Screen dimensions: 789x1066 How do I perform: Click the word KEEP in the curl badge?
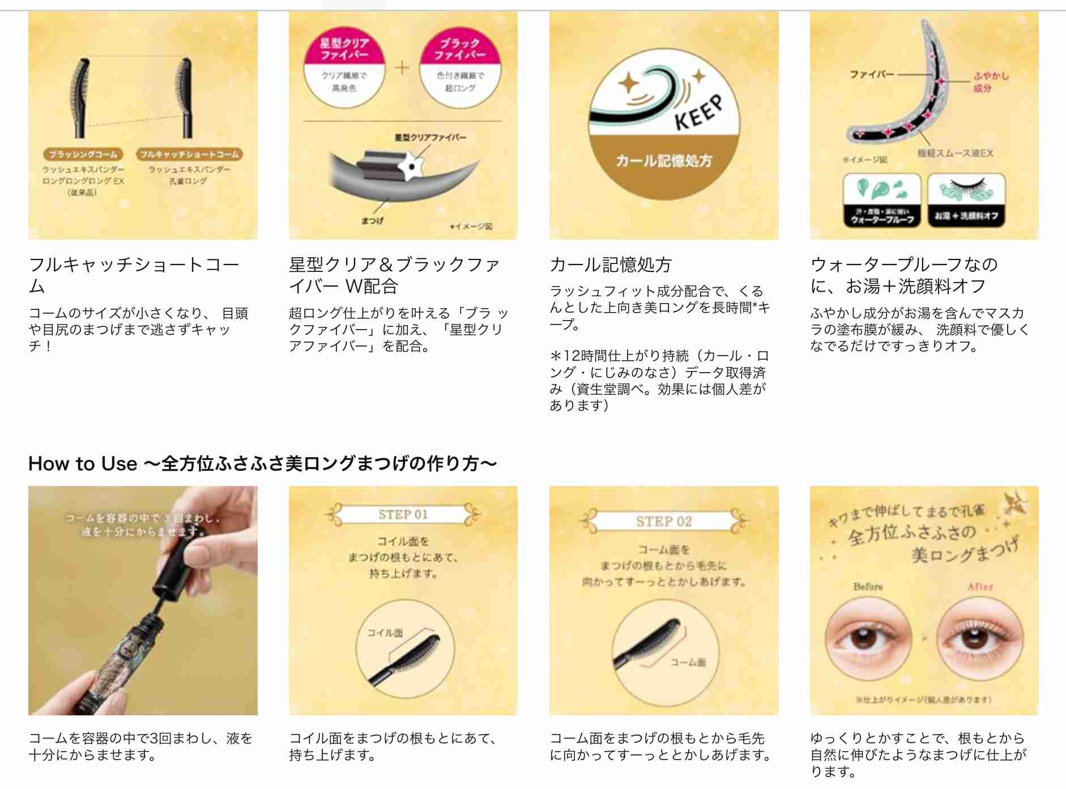tap(699, 113)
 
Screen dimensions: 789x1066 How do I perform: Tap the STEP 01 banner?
tap(403, 515)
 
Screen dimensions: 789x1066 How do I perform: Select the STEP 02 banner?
tap(664, 522)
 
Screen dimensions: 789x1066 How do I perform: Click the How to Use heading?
tap(262, 463)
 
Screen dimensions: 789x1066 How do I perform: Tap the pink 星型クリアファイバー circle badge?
tap(344, 67)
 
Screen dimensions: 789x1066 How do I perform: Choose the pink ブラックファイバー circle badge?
tap(460, 67)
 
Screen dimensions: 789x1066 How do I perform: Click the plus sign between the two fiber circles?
tap(402, 68)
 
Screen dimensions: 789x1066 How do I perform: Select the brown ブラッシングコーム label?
tap(83, 154)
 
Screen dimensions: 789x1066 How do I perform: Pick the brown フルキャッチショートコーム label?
tap(189, 154)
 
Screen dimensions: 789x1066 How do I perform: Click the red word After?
tap(980, 587)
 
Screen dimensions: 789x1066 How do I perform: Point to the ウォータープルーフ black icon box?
tap(881, 201)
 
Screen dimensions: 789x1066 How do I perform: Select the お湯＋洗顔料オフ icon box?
tap(966, 201)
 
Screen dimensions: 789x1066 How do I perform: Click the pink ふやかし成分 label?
tap(991, 82)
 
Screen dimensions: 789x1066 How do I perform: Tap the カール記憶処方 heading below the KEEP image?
tap(611, 265)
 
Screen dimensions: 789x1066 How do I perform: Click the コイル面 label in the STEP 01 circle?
tap(385, 633)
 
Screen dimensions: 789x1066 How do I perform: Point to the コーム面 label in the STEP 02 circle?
tap(688, 662)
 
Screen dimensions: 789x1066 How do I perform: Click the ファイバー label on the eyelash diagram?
tap(871, 74)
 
